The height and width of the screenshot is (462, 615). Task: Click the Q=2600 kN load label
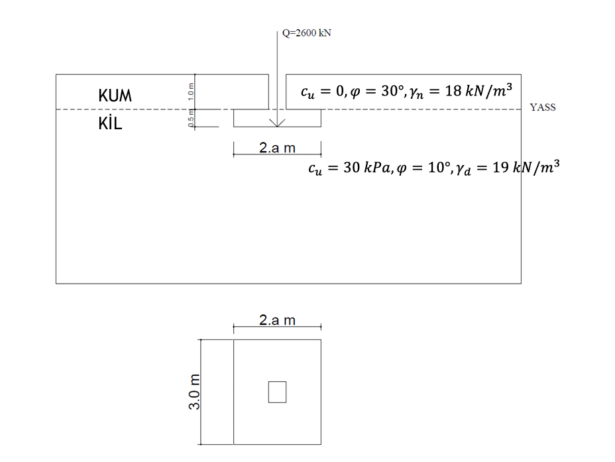(x=307, y=33)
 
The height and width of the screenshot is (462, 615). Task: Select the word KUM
(x=115, y=95)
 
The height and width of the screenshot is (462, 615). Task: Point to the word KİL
(x=110, y=123)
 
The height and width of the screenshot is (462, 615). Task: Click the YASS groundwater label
(x=543, y=107)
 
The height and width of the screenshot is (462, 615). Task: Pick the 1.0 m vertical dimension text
(x=191, y=91)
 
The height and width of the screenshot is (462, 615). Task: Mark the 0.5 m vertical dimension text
(x=191, y=118)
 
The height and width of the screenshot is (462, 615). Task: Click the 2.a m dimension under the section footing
(x=277, y=148)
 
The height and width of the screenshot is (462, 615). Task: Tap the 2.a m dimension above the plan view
(x=277, y=320)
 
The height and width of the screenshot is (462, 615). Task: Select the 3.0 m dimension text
(x=195, y=391)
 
